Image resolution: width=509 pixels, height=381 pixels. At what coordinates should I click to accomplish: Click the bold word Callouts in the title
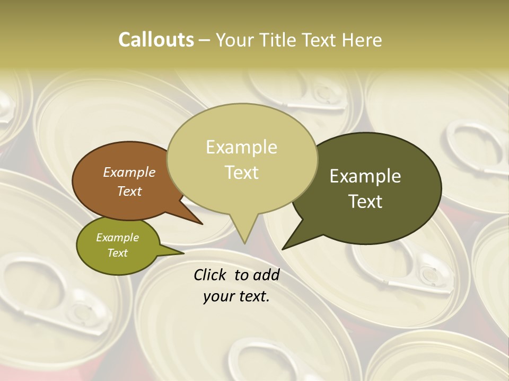156,40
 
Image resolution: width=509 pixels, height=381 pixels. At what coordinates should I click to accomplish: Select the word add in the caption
266,275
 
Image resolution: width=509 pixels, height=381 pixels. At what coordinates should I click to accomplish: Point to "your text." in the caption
236,296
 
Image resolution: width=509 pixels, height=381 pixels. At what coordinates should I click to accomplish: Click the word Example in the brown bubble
129,172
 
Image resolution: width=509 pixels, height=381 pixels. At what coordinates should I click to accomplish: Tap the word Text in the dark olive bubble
365,201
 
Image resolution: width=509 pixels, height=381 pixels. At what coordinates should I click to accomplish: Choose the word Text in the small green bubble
117,252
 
